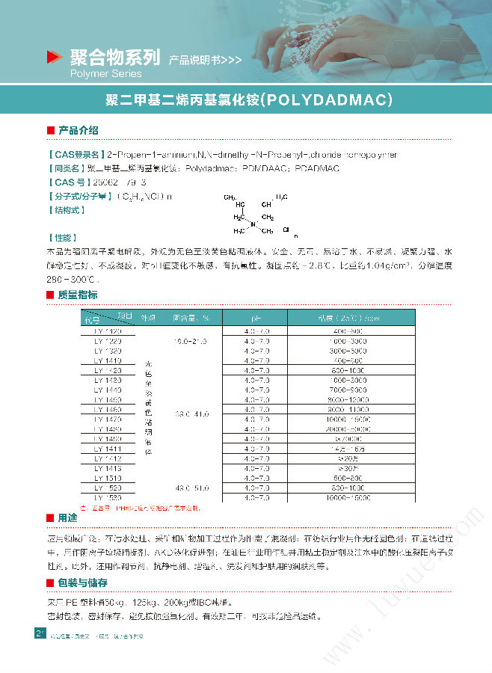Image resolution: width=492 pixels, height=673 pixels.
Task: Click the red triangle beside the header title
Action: click(53, 57)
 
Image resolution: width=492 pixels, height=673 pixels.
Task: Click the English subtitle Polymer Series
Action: click(105, 74)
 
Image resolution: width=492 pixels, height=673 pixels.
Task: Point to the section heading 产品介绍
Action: click(78, 130)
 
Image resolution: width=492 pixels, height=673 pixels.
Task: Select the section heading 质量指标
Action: click(78, 295)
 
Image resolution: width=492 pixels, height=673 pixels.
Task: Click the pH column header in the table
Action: click(256, 318)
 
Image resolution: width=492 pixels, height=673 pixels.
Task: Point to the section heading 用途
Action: click(68, 517)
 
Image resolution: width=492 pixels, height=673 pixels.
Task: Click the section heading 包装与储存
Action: click(83, 583)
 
